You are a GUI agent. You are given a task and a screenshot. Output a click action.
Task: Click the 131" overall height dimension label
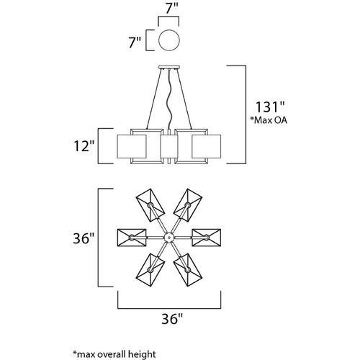[269, 107]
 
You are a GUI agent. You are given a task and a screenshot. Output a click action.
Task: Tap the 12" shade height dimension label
[84, 146]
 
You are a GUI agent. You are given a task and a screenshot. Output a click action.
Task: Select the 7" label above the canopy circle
[171, 9]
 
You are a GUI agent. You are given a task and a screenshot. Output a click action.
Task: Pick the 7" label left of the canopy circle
[135, 42]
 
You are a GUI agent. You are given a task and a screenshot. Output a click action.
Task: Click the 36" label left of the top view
[84, 238]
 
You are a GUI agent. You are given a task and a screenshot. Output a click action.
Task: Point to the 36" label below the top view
[172, 319]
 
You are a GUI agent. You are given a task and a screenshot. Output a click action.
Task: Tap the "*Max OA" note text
[269, 120]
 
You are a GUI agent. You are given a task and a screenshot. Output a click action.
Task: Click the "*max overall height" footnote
[114, 354]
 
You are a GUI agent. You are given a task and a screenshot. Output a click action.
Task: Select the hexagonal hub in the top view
[168, 238]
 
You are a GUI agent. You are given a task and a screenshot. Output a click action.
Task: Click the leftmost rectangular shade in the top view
[132, 238]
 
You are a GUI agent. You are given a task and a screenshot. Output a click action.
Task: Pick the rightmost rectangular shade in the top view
[207, 238]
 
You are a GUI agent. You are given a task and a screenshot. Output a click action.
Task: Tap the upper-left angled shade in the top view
[150, 205]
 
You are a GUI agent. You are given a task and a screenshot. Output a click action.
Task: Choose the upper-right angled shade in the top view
[188, 205]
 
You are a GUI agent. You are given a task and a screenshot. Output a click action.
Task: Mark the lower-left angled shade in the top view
[150, 270]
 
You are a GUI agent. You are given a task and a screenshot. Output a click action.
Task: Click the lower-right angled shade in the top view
[188, 270]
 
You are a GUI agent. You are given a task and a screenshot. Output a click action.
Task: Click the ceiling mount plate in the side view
[169, 67]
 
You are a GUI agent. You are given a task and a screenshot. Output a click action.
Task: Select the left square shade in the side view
[132, 146]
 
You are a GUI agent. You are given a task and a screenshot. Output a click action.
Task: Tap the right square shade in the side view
[207, 146]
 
